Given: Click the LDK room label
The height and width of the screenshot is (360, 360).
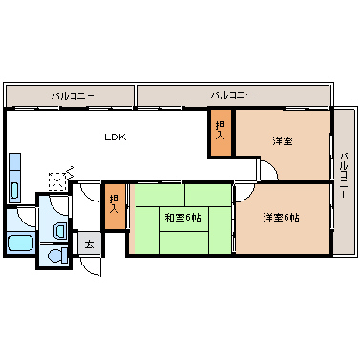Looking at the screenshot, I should [x=116, y=138].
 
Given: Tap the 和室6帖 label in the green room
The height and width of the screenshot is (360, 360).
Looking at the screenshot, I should [x=181, y=218].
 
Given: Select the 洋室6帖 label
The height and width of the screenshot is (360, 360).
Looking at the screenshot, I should [x=282, y=217].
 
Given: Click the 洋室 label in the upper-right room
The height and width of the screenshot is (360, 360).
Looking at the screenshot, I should [x=282, y=141].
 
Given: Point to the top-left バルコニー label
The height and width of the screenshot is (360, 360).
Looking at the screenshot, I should [x=72, y=96].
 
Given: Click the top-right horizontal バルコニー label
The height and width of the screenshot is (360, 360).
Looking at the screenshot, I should [x=231, y=96].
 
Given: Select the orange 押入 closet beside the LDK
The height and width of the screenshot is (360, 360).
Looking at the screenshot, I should [x=221, y=132].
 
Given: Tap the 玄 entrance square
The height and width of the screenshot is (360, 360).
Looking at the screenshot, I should [x=88, y=245].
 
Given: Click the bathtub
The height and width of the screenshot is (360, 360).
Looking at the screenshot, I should [x=19, y=244].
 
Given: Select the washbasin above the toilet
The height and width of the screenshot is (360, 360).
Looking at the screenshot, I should [x=59, y=230].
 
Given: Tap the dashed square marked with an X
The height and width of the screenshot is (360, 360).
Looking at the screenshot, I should [x=59, y=179].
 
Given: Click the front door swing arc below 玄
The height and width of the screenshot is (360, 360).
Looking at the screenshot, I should [x=91, y=267].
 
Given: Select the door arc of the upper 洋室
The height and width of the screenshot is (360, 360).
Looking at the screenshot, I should [x=268, y=170].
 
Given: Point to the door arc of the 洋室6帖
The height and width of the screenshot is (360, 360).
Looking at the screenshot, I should [x=243, y=191].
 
